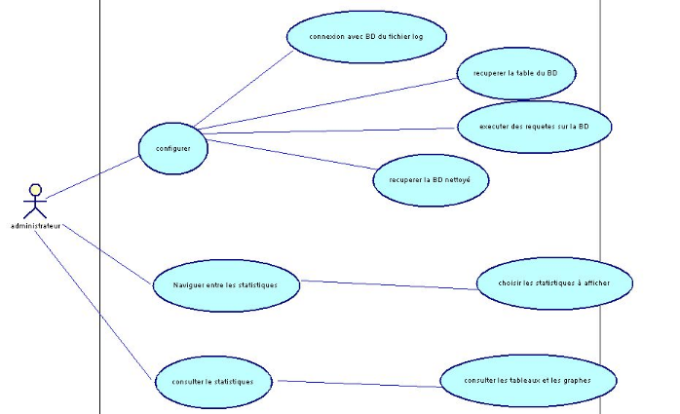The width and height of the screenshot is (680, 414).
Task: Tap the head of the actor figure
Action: point(35,188)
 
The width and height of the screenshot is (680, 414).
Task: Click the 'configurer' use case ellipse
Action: point(172,148)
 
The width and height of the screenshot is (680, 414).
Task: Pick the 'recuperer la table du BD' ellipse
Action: point(516,72)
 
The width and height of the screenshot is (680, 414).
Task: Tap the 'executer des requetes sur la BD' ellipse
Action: point(532,126)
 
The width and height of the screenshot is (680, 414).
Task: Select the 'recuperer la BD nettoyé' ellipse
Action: point(431,179)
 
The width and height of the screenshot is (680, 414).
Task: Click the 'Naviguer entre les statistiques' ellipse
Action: point(224,284)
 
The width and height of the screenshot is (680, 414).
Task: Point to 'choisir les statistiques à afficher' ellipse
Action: point(553,283)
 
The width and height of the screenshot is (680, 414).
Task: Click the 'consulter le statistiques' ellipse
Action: point(210,381)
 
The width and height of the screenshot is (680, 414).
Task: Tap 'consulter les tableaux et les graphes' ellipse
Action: point(528,380)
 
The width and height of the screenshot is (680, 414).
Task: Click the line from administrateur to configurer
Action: point(93,176)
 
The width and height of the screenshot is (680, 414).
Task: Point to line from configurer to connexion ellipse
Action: point(244,87)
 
